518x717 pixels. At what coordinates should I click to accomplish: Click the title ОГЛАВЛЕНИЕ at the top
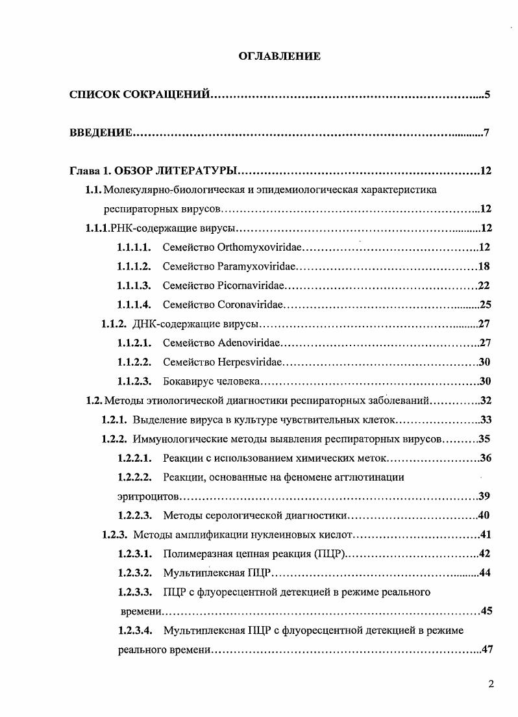coord(280,57)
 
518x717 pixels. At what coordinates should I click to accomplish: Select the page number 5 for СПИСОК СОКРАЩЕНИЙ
coord(486,95)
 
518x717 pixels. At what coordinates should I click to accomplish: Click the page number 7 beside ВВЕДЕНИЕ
coord(486,133)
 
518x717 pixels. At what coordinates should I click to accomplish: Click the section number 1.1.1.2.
coord(134,266)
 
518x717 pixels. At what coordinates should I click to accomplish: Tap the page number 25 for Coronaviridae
coord(484,305)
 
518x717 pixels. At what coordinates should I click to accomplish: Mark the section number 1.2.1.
coord(114,420)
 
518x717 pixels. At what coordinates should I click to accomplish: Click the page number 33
coord(484,420)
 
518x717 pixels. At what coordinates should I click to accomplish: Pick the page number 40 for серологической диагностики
coord(484,516)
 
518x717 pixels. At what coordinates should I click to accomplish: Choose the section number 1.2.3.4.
coord(134,631)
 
